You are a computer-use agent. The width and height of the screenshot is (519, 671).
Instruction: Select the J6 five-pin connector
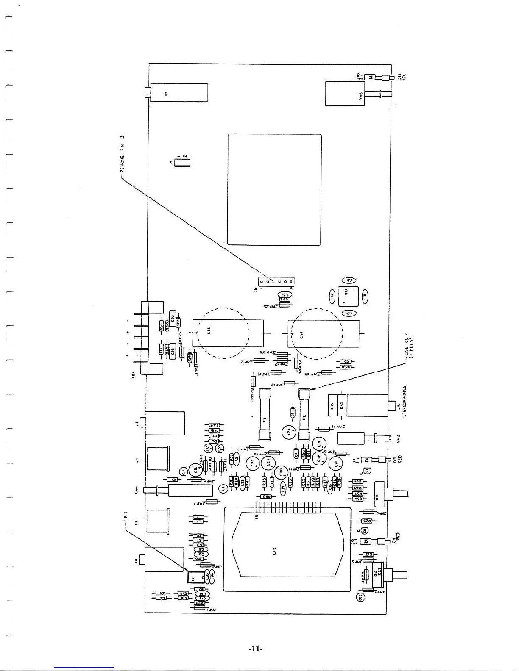pyautogui.click(x=276, y=282)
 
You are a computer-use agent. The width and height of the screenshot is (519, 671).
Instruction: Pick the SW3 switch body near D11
pyautogui.click(x=345, y=94)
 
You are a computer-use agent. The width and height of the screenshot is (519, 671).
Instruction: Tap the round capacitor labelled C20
pyautogui.click(x=281, y=472)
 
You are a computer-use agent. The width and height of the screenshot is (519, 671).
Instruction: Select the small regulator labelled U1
pyautogui.click(x=193, y=577)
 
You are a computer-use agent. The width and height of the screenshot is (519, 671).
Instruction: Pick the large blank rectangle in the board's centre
pyautogui.click(x=274, y=189)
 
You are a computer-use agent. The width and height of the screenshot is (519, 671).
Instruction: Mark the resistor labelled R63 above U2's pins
pyautogui.click(x=265, y=496)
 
